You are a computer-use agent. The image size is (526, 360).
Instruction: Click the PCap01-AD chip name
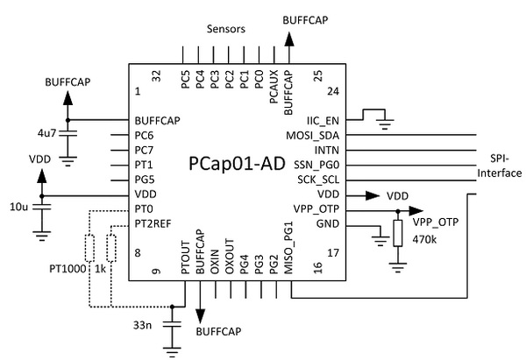236,165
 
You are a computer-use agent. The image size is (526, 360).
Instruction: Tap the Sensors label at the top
226,29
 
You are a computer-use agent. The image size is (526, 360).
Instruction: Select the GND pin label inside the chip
326,225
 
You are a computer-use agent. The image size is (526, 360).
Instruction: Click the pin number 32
156,77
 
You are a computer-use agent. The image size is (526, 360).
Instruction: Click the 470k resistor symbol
398,233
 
